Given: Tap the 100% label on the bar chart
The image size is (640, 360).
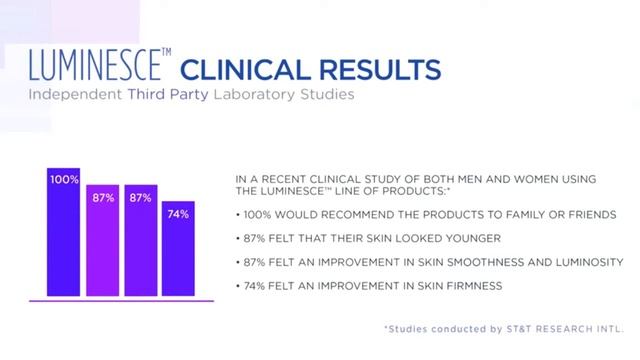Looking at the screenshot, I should pyautogui.click(x=63, y=179).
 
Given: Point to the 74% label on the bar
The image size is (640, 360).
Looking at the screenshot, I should pyautogui.click(x=177, y=213).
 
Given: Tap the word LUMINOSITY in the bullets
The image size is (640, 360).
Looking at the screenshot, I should pyautogui.click(x=587, y=262).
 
